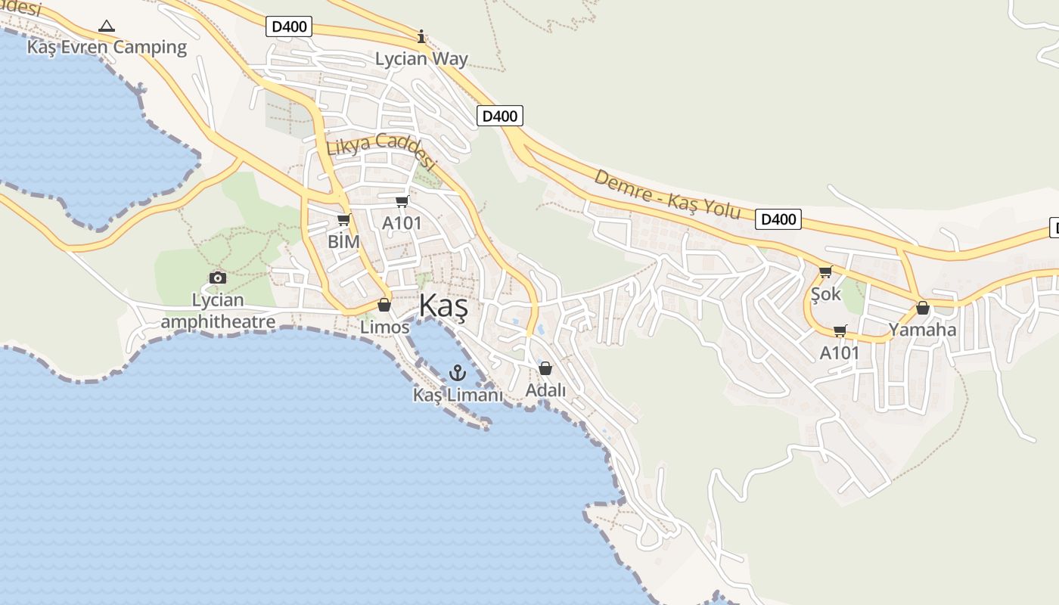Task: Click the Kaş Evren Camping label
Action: click(x=107, y=47)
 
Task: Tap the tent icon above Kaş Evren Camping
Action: click(x=107, y=26)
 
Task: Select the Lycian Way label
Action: click(x=421, y=59)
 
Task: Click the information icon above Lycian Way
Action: click(x=421, y=36)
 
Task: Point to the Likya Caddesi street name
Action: click(x=382, y=151)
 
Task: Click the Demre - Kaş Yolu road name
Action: click(x=667, y=194)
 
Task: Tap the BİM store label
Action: click(x=343, y=241)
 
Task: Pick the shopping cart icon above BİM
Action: click(x=344, y=219)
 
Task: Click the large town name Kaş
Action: click(x=443, y=307)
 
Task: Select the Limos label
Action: click(x=384, y=327)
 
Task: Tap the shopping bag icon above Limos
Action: click(x=384, y=305)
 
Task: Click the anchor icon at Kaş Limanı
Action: click(x=457, y=372)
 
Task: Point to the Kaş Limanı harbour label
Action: click(x=458, y=395)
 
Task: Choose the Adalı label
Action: click(x=545, y=390)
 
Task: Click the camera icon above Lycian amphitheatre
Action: click(x=218, y=278)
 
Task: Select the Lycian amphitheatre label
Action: click(x=218, y=311)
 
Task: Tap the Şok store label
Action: click(x=825, y=293)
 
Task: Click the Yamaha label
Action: click(x=922, y=330)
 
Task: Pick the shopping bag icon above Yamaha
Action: click(x=922, y=308)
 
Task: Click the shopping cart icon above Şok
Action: click(x=825, y=271)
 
